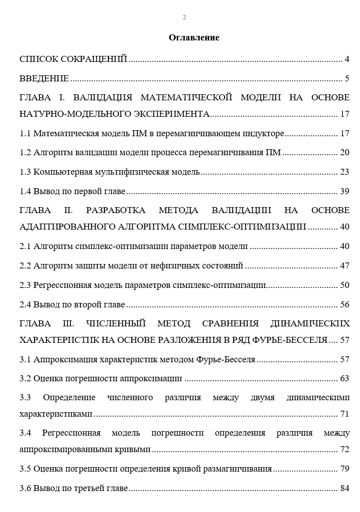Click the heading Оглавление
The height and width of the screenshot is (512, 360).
(x=194, y=37)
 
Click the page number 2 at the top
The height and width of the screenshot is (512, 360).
(x=184, y=17)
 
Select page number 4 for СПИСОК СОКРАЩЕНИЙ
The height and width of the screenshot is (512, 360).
(x=347, y=59)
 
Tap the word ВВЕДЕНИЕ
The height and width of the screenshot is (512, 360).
(x=44, y=78)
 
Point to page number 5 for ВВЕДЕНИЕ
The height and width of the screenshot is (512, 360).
(x=347, y=78)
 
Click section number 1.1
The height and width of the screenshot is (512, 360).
(x=25, y=134)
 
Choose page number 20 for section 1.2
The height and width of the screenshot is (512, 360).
(x=344, y=153)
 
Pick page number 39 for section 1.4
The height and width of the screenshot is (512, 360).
(x=344, y=191)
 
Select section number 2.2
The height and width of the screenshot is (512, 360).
(x=25, y=265)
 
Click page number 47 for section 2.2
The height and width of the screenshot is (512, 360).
(x=344, y=265)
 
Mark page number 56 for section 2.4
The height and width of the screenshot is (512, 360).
(x=344, y=304)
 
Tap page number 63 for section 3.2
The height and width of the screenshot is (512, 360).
(x=344, y=378)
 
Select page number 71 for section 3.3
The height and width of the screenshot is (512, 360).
(x=344, y=414)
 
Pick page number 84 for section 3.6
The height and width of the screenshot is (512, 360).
(x=344, y=488)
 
